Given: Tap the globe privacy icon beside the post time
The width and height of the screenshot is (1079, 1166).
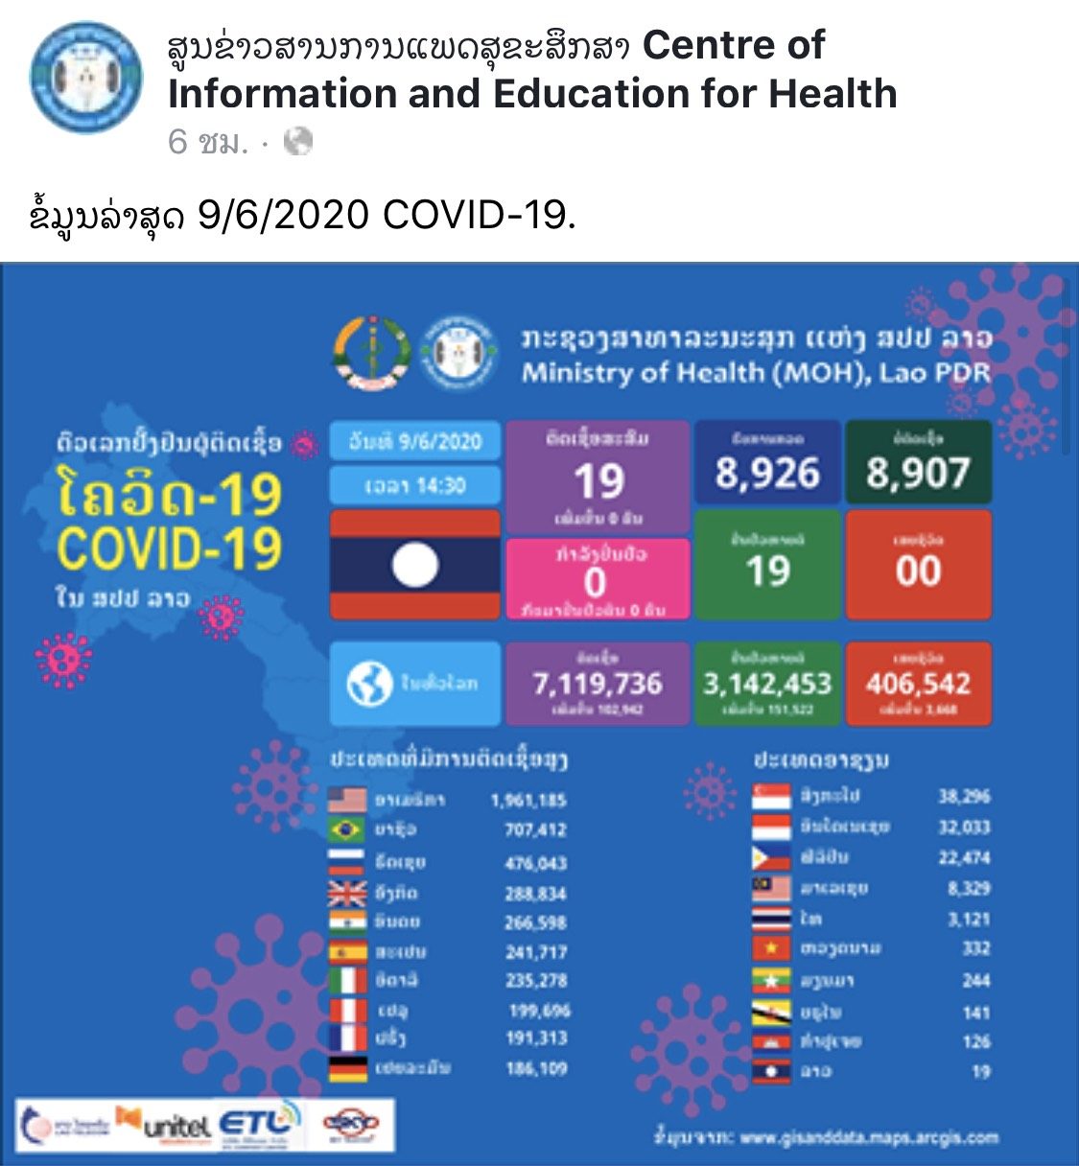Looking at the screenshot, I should click(x=299, y=142).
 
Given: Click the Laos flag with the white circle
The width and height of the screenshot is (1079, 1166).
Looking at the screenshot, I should click(x=414, y=565).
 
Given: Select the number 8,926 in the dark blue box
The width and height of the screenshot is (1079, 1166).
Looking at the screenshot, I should click(x=767, y=474).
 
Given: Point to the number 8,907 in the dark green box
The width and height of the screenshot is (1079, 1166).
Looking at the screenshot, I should click(x=918, y=474).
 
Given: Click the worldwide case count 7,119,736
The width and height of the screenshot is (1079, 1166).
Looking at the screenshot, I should click(x=598, y=684).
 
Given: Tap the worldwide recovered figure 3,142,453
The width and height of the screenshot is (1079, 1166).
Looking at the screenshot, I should click(x=767, y=684).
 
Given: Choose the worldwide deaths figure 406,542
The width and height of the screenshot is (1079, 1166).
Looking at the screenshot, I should click(x=918, y=684).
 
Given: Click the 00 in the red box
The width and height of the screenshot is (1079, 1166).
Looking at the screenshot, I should click(x=918, y=571).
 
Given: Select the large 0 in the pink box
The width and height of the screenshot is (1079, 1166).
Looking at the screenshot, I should click(x=596, y=582).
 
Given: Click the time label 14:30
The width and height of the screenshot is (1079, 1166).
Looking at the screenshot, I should click(x=414, y=486).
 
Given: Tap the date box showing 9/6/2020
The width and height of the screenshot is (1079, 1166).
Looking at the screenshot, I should click(x=414, y=442).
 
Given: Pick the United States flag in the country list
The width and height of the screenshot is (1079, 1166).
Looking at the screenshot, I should click(x=347, y=799).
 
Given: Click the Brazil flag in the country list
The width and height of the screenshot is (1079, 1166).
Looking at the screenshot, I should click(x=347, y=829).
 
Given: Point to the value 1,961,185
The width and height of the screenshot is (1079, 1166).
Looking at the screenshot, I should click(x=528, y=800).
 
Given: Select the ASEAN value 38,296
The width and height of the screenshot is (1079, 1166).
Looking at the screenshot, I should click(x=964, y=796).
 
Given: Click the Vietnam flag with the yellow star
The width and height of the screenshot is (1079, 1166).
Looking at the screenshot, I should click(x=771, y=949).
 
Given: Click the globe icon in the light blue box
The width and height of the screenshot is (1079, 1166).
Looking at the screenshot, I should click(x=369, y=684).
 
